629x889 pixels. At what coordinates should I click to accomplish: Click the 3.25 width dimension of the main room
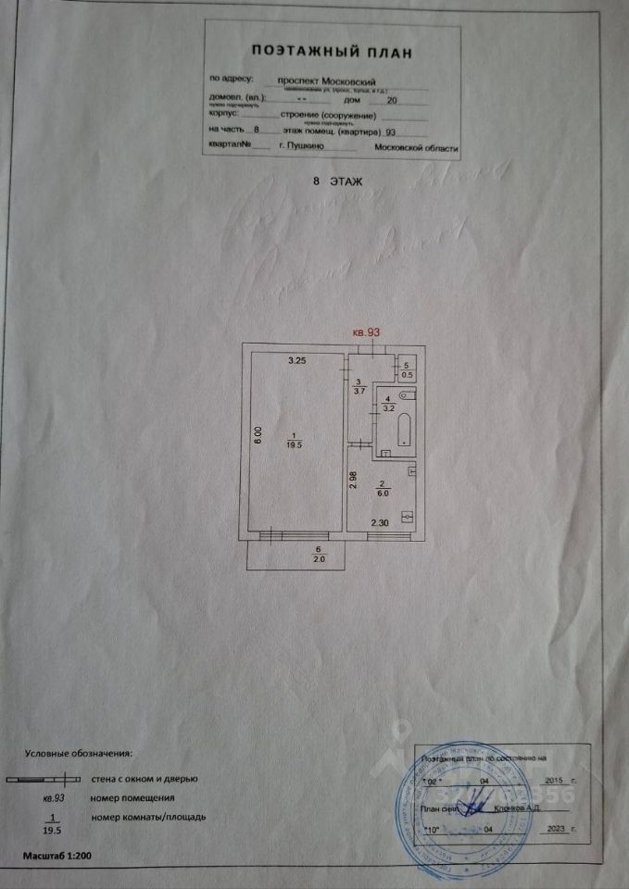point(297,359)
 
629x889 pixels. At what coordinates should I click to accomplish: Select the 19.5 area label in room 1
point(295,444)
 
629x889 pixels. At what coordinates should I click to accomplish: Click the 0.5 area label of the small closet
point(408,374)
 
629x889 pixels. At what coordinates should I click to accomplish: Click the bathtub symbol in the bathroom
point(404,432)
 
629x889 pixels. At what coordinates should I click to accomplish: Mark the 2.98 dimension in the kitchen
point(354,479)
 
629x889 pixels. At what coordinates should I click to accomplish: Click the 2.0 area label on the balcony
point(295,558)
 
